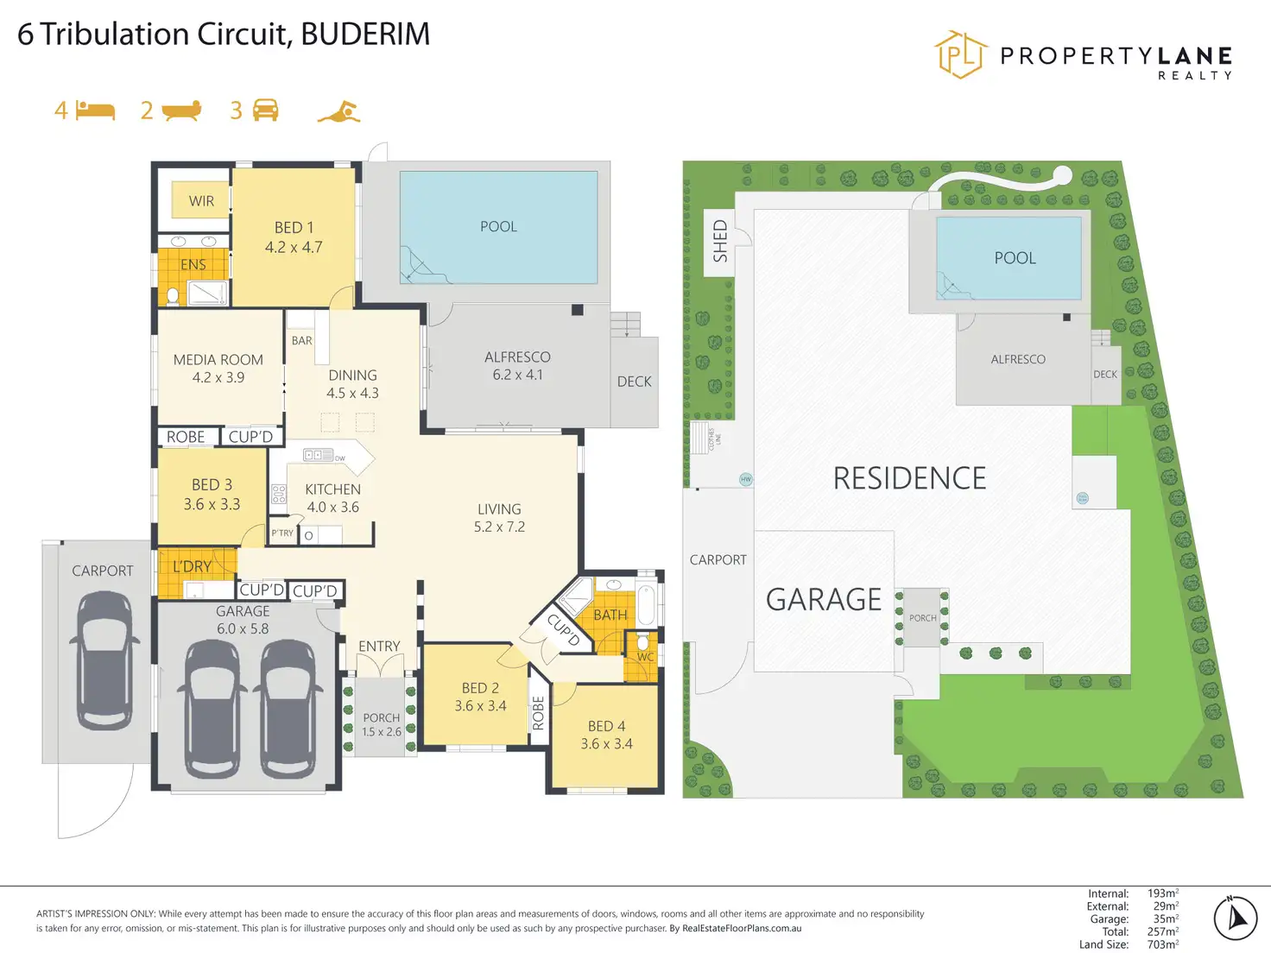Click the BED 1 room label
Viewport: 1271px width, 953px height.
[294, 237]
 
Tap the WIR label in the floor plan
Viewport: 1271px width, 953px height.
[201, 201]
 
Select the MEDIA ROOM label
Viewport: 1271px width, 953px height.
[218, 368]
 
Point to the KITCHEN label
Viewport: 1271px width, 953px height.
[332, 498]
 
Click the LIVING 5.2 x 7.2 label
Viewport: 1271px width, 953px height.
[499, 518]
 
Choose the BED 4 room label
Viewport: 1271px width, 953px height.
[606, 735]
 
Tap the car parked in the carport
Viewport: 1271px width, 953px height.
[104, 660]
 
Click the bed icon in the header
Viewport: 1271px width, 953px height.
[95, 110]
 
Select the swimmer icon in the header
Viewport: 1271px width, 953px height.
[338, 112]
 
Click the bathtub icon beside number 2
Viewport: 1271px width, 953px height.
[181, 110]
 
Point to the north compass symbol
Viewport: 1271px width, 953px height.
[1236, 917]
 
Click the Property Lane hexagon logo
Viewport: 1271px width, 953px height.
[960, 54]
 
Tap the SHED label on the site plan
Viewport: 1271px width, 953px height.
[720, 242]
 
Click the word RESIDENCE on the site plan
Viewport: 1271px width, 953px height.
[909, 478]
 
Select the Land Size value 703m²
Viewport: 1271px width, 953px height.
[1162, 944]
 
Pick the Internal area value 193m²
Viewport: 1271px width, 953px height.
[1162, 893]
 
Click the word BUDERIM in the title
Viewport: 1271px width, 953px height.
[365, 35]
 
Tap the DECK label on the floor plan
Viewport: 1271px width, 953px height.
[634, 382]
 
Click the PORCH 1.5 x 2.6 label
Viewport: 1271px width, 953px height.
[381, 724]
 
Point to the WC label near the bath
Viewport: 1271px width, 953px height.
[645, 657]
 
